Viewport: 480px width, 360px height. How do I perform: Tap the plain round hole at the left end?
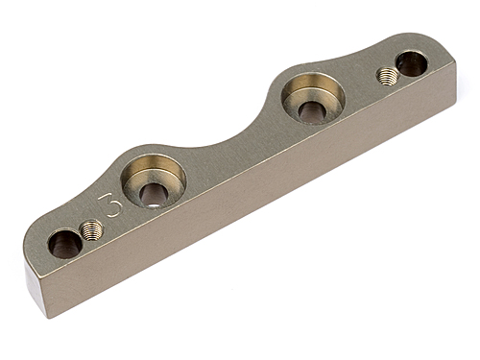pos(64,243)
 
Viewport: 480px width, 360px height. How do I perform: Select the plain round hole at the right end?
pos(410,63)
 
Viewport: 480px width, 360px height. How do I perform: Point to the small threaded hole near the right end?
pos(388,75)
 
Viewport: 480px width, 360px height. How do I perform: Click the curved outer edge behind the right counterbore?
pos(298,67)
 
